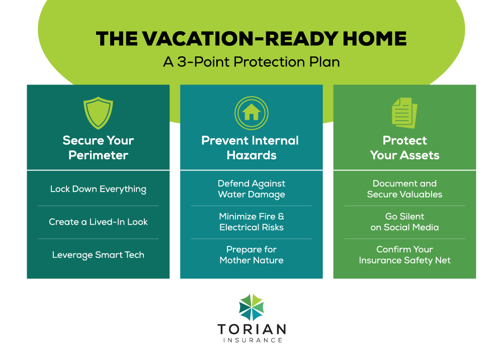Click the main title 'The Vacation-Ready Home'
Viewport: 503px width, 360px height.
click(x=251, y=39)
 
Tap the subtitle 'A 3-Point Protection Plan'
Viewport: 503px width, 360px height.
click(x=251, y=62)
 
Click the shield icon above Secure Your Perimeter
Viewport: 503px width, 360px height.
click(x=98, y=113)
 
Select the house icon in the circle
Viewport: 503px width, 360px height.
click(x=251, y=112)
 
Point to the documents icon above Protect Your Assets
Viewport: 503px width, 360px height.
click(x=404, y=112)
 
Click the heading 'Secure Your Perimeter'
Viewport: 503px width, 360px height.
click(x=98, y=147)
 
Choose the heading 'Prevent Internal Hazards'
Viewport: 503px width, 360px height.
click(x=251, y=147)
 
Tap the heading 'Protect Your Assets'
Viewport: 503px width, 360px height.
click(x=404, y=147)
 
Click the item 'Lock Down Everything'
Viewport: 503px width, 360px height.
click(x=98, y=189)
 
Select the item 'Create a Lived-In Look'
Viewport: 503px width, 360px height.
click(x=98, y=222)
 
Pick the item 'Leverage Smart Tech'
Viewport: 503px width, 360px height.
click(x=98, y=255)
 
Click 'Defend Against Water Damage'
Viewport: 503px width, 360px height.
click(x=251, y=189)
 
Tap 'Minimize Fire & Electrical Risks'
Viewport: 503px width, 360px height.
click(x=251, y=222)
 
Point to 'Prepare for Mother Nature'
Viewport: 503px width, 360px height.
click(x=251, y=255)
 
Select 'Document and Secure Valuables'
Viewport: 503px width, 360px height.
click(x=404, y=189)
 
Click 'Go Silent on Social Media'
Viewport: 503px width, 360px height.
click(x=404, y=222)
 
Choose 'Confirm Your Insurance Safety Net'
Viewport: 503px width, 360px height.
click(x=404, y=255)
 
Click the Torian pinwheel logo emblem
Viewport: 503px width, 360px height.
click(x=251, y=307)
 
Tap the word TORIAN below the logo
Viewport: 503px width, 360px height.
click(x=251, y=330)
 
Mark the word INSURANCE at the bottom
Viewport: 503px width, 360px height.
click(x=251, y=340)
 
